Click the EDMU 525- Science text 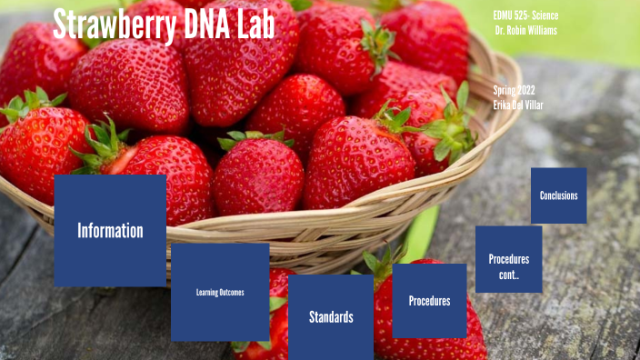point(525,16)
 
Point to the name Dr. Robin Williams point(526,31)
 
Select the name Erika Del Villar point(519,105)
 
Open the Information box point(110,230)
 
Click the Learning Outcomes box point(220,292)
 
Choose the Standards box point(331,317)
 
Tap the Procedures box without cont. point(429,301)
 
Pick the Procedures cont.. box point(508,259)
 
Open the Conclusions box point(558,195)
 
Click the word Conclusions point(558,195)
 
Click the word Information point(110,231)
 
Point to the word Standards point(331,317)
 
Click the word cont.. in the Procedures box point(508,275)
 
